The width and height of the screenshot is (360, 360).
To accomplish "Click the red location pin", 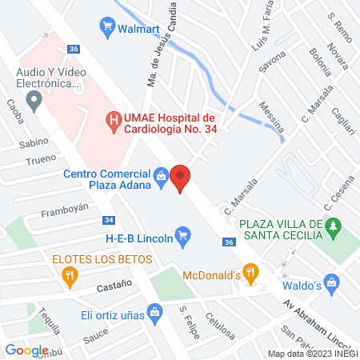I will (180, 177).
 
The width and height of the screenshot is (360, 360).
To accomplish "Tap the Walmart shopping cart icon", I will (106, 26).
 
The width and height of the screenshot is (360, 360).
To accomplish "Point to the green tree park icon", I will (335, 230).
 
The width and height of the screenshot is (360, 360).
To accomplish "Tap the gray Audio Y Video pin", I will (34, 101).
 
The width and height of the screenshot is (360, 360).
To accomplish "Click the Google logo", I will (27, 350).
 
